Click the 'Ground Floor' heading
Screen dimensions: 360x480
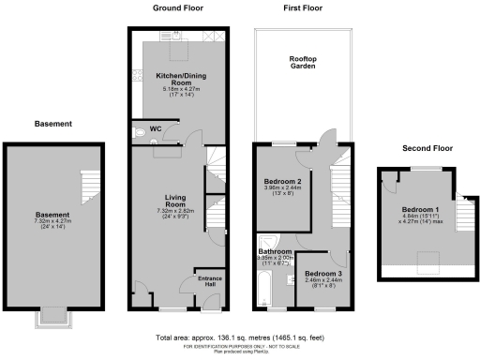(x=178, y=8)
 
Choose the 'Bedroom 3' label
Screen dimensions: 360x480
(x=324, y=273)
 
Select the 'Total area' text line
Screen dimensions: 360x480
(x=240, y=337)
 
